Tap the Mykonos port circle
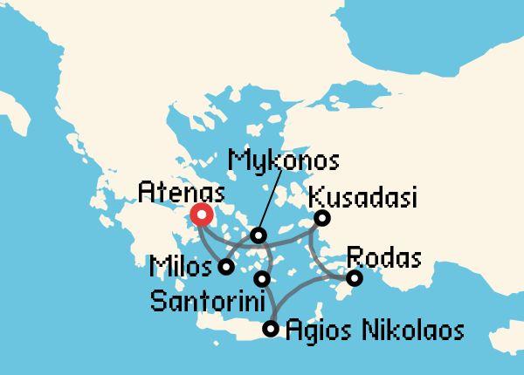point(258,235)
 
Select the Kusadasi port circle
point(321,218)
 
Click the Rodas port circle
point(354,278)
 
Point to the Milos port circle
point(225,267)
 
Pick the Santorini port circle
point(262,279)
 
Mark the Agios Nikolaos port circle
point(271,329)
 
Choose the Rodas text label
point(384,258)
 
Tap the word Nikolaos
point(410,331)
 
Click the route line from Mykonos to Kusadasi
point(293,235)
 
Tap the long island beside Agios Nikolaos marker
point(227,329)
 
